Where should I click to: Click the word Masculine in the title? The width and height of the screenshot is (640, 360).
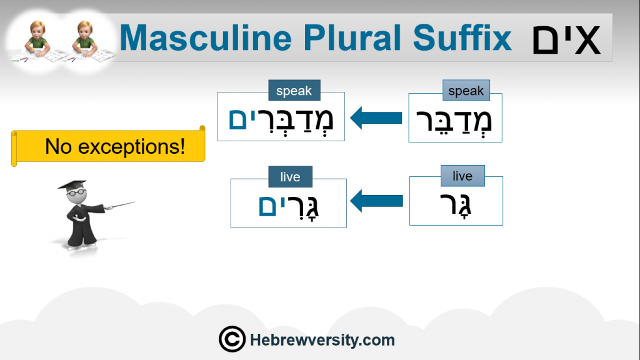coord(206,38)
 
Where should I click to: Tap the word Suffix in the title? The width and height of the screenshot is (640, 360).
coord(462,37)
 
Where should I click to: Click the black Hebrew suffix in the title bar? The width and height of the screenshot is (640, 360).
coord(566,40)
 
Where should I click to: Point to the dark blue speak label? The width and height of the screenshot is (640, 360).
coord(294,90)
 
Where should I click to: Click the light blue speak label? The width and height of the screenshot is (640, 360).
coord(466,90)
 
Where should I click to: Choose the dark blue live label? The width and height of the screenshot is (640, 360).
coord(290,177)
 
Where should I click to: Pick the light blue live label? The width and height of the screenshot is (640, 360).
coord(462,176)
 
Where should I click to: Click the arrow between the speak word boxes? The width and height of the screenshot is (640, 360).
coord(376,117)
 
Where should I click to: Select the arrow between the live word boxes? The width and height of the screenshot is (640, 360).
coord(376,201)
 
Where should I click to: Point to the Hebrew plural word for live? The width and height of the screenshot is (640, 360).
coord(289,207)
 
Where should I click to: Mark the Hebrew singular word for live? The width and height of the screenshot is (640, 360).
coord(456,205)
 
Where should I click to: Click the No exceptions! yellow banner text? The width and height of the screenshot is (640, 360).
coord(115,146)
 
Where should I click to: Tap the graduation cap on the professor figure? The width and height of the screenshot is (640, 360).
coord(72,185)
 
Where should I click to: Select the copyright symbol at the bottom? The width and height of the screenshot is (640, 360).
coord(232,339)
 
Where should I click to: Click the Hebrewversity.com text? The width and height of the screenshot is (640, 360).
coord(322,339)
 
